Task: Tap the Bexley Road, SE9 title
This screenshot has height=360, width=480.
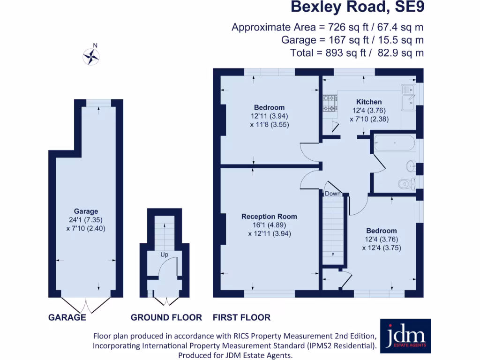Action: [x=357, y=7]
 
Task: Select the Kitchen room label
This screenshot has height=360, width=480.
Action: [x=369, y=102]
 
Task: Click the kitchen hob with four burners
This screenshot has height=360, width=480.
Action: [x=330, y=104]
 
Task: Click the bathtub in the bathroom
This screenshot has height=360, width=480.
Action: [x=393, y=143]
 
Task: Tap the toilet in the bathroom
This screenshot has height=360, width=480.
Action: [x=405, y=183]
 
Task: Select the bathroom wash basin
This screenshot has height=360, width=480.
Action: [x=411, y=165]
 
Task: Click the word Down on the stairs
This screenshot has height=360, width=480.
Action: [x=333, y=193]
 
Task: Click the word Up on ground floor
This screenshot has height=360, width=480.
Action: [x=165, y=255]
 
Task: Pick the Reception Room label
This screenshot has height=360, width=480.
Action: [x=269, y=217]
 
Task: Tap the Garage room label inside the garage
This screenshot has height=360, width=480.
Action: [x=86, y=211]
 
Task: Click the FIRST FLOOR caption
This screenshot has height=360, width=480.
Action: [x=241, y=317]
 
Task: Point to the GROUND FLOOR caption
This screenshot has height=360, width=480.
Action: [x=166, y=317]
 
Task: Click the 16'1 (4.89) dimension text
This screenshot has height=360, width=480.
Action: [x=270, y=225]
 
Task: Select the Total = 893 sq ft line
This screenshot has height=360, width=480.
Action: [x=357, y=53]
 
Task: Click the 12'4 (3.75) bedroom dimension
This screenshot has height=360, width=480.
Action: [x=382, y=247]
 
